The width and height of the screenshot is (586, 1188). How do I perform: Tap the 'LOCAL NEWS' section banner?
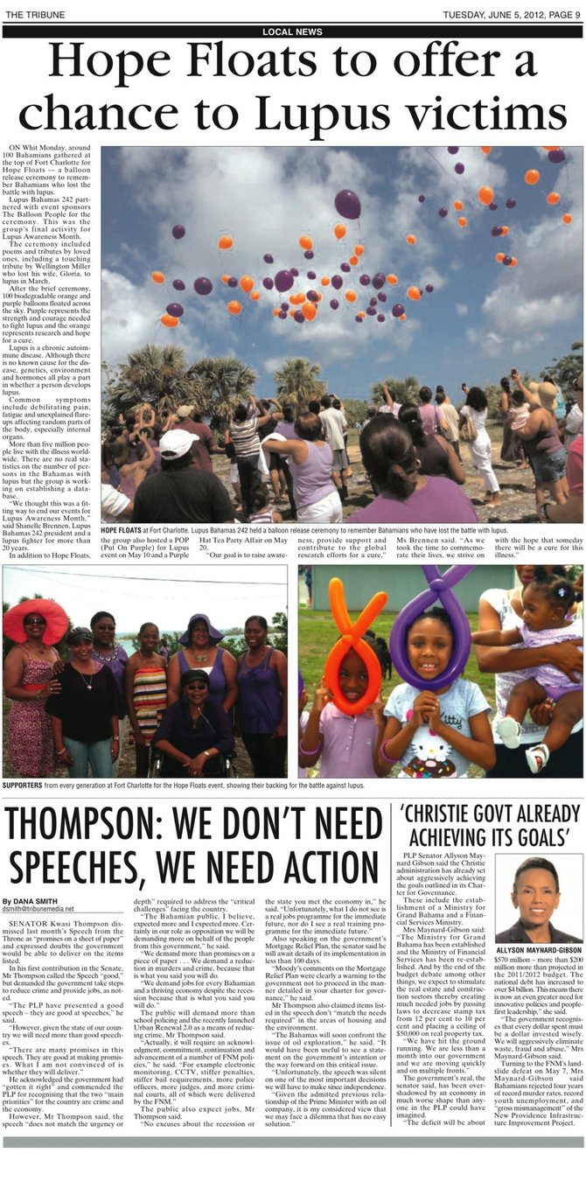[x=292, y=31]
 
